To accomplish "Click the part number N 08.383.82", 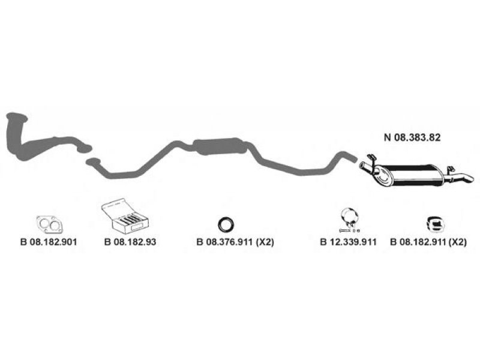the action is point(412,137).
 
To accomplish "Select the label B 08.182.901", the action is point(49,242).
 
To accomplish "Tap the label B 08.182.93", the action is point(130,242).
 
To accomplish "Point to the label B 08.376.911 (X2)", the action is point(235,242).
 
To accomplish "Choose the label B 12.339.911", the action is point(348,242).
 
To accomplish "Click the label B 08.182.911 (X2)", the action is point(428,242).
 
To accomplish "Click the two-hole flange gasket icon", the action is point(49,224).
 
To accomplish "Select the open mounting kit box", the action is point(125,216).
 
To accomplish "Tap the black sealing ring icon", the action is point(226,225).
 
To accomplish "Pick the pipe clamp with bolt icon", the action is point(349,219).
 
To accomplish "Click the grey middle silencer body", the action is point(220,146).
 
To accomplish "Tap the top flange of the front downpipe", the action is point(17,116).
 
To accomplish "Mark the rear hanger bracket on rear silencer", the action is point(450,170).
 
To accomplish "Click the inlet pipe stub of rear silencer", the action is point(366,167).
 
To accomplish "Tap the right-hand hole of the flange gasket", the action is point(55,226).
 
